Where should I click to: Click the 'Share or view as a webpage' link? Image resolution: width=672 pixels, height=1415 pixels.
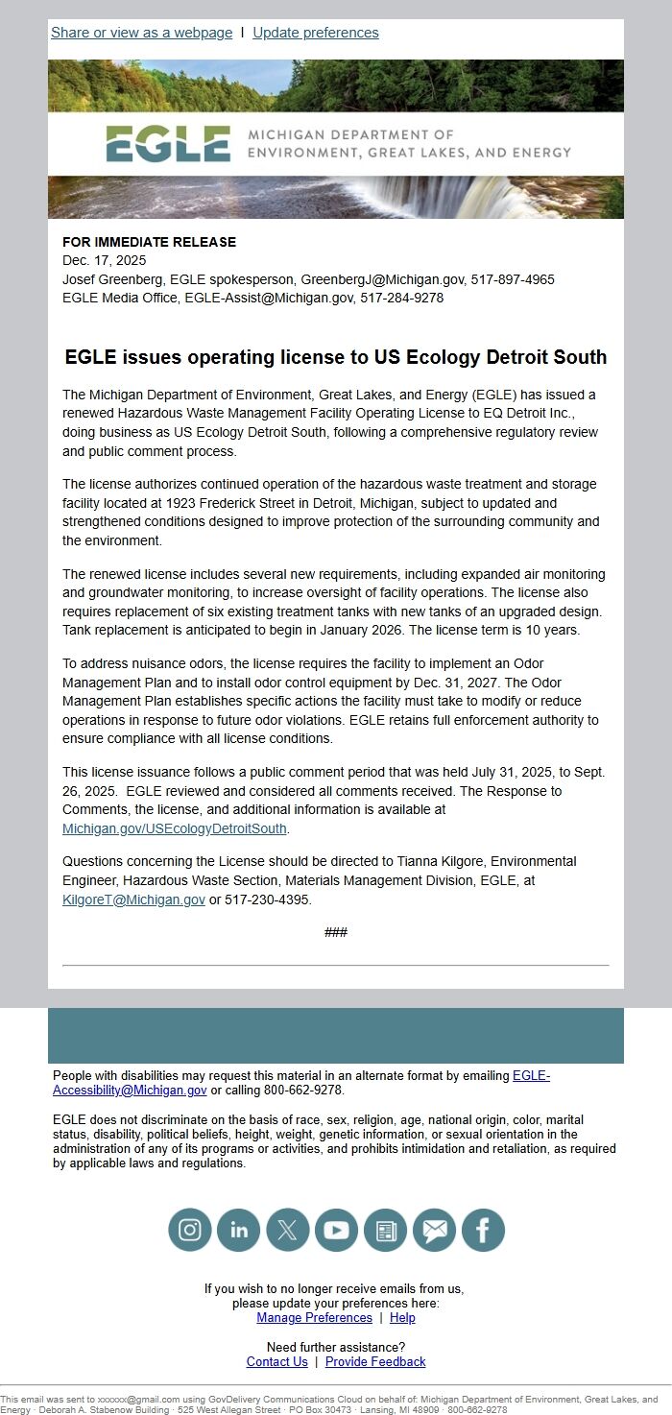click(x=141, y=33)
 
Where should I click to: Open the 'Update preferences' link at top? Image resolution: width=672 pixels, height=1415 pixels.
click(x=315, y=33)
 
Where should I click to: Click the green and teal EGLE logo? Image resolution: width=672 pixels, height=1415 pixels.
click(x=168, y=144)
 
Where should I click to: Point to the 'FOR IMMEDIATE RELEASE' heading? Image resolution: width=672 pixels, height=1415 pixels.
click(x=149, y=242)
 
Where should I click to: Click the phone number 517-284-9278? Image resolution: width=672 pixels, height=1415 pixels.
click(x=401, y=298)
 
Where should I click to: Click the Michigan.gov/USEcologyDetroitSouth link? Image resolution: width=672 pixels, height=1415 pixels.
click(x=174, y=828)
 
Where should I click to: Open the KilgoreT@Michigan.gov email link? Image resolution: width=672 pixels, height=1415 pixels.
click(x=133, y=899)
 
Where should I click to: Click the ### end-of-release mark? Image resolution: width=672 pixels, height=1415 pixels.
click(x=336, y=932)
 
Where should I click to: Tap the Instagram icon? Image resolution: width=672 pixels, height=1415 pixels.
click(x=190, y=1230)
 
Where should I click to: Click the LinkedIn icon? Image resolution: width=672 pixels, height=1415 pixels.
click(x=238, y=1230)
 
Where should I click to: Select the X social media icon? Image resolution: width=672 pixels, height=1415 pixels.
click(x=287, y=1230)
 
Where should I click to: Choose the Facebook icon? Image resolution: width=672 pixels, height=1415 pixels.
click(x=483, y=1230)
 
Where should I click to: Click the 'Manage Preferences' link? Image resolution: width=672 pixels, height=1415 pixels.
click(x=314, y=1318)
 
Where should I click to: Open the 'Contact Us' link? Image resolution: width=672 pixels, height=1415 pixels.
click(x=276, y=1361)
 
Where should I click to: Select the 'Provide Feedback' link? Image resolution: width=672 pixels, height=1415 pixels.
click(x=375, y=1361)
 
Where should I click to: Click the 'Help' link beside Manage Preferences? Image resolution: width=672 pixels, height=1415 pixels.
click(x=402, y=1318)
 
